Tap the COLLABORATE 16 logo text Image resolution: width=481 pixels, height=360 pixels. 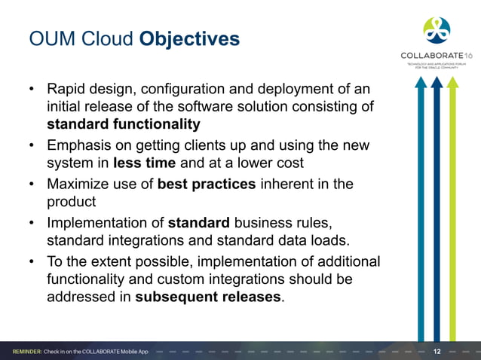436,56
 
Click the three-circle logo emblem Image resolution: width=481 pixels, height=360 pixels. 437,29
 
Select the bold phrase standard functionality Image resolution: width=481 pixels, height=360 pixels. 123,124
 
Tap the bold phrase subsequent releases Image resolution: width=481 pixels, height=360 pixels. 207,296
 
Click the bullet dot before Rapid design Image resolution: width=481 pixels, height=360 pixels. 32,90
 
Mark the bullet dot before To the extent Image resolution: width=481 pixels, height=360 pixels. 32,261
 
